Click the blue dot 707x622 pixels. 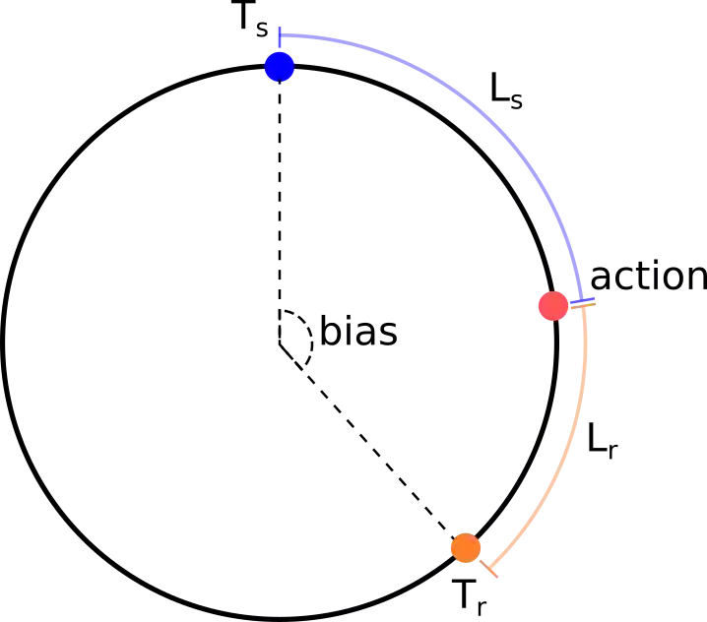(x=280, y=67)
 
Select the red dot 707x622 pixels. (x=552, y=306)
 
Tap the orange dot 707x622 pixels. (x=465, y=547)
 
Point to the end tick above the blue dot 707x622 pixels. (x=280, y=36)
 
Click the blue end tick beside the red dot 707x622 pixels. (x=584, y=299)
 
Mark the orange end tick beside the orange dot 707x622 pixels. (x=493, y=568)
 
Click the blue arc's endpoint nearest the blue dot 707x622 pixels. (x=281, y=37)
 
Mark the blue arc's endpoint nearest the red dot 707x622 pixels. (x=584, y=299)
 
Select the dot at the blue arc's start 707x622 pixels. (x=280, y=67)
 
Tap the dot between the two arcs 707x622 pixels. (x=552, y=306)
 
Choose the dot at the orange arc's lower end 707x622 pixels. (x=465, y=547)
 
